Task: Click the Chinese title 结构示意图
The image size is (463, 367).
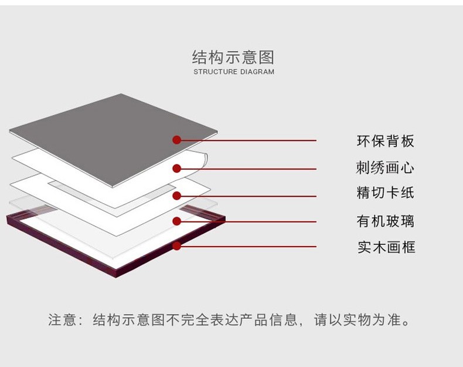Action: click(x=233, y=57)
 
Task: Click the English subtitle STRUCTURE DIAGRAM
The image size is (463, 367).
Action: click(x=233, y=72)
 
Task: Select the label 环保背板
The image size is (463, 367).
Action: click(x=385, y=141)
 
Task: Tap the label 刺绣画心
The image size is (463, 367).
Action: click(x=385, y=168)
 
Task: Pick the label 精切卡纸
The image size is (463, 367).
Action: click(x=385, y=193)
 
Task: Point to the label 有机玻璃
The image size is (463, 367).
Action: click(x=385, y=221)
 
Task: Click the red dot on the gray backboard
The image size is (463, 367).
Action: click(x=176, y=140)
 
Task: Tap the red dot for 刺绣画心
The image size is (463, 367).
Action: click(x=176, y=169)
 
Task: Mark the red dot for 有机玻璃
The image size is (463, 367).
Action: click(x=176, y=221)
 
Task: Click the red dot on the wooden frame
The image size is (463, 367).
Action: click(x=176, y=246)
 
